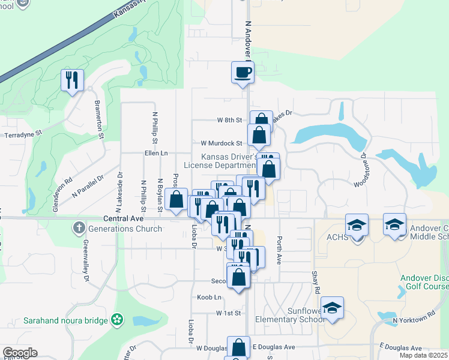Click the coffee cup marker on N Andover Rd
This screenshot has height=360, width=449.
243,73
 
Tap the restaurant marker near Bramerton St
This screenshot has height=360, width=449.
72,80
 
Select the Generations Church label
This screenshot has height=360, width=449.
125,229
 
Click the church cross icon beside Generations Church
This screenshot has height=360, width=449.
79,228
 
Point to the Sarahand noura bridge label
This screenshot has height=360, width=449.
66,320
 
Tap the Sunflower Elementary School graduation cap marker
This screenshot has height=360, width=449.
332,308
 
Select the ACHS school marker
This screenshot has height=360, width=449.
357,225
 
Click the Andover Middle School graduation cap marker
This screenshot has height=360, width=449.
394,225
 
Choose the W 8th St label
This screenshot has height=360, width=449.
229,120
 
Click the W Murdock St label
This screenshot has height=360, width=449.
221,143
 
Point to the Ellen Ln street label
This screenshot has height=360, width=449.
155,154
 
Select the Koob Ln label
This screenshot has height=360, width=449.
209,298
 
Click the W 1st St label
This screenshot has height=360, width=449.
228,313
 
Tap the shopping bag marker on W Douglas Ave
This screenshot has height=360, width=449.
238,347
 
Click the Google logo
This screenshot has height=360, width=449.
20,353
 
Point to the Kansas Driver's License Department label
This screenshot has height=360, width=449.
229,161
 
